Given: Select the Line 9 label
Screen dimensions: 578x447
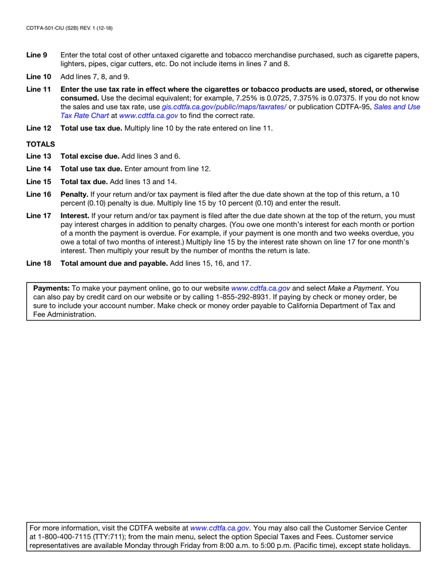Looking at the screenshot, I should [36, 55].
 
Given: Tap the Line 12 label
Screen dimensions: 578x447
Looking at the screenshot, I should [38, 129].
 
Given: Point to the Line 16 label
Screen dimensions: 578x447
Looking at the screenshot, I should [38, 194].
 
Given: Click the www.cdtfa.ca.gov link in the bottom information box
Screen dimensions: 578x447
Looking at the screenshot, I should [219, 528].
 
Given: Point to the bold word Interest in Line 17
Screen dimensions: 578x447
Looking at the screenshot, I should [75, 216].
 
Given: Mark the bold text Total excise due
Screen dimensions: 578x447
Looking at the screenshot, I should [90, 156].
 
